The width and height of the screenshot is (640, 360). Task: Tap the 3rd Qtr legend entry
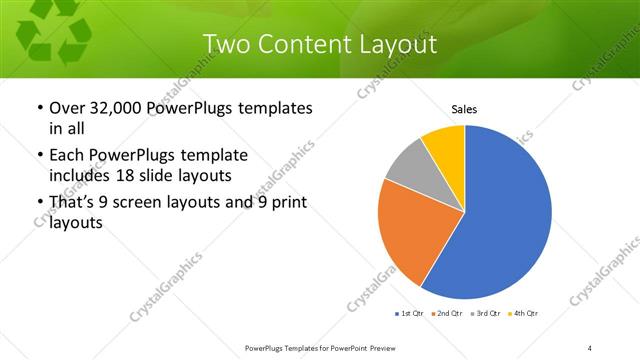(x=486, y=314)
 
